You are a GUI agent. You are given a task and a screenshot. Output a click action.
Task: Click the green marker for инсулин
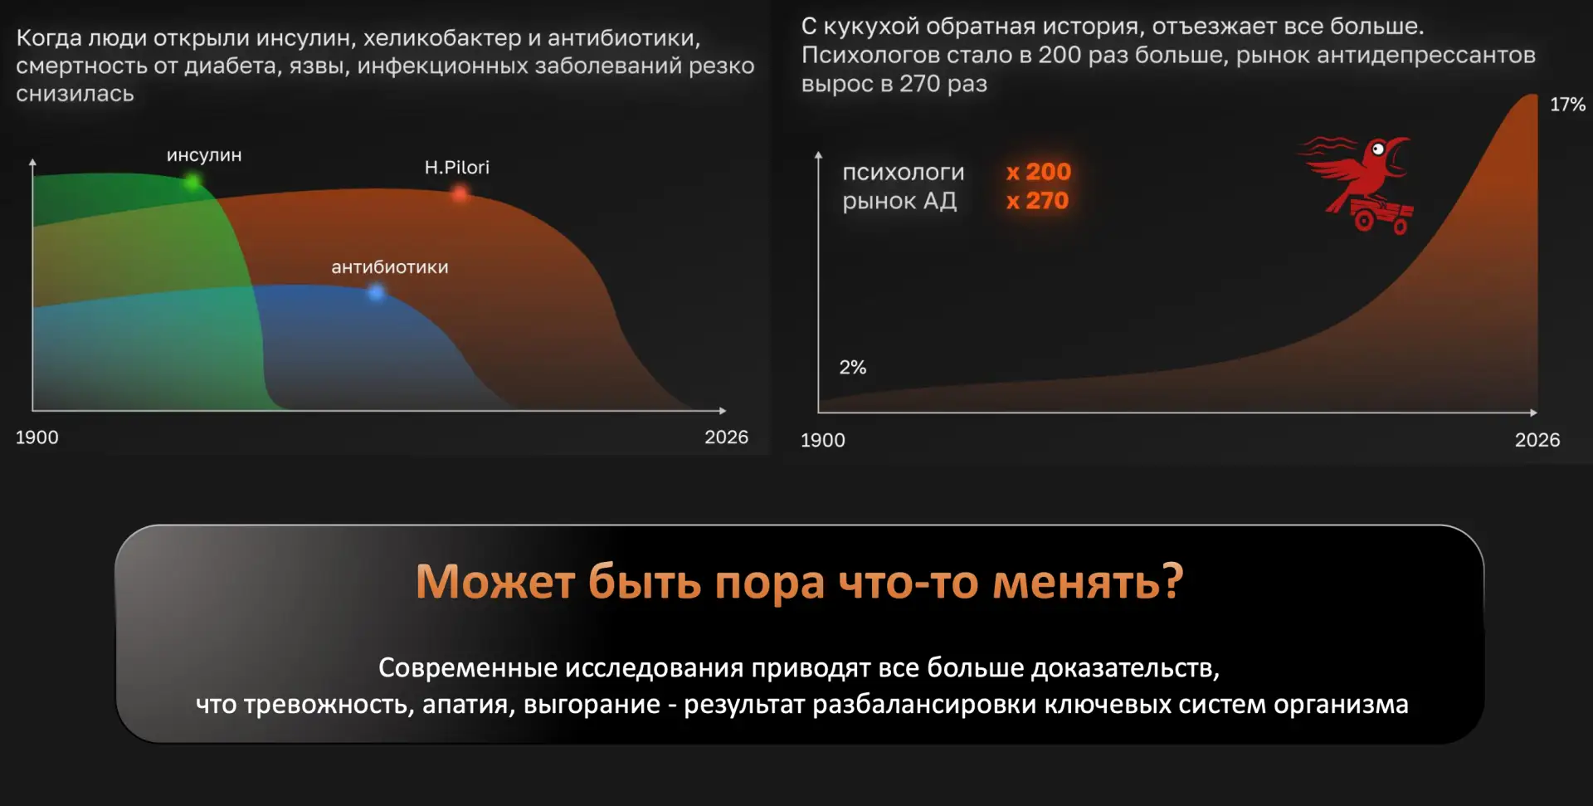(x=192, y=180)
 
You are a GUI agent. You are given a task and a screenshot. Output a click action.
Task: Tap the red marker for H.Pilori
(x=460, y=193)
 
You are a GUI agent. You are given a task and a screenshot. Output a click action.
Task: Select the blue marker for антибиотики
(x=376, y=292)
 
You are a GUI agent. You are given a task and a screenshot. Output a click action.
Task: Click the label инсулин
(x=204, y=155)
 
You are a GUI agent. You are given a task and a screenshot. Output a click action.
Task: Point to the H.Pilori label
(x=457, y=167)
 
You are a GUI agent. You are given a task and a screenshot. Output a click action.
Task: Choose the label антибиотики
(x=390, y=267)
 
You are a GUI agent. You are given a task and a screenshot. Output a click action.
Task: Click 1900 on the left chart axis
(x=37, y=437)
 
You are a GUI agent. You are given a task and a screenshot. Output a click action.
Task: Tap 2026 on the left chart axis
(x=726, y=437)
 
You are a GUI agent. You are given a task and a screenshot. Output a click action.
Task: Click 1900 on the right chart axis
(x=823, y=440)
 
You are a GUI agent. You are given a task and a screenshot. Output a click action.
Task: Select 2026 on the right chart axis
(x=1537, y=440)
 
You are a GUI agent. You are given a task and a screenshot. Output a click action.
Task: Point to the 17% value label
(x=1567, y=105)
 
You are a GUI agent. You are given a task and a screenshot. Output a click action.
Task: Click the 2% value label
(x=852, y=367)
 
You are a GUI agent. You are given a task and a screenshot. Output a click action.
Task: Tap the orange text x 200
(x=1039, y=172)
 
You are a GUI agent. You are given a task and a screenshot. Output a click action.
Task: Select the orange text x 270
(x=1037, y=201)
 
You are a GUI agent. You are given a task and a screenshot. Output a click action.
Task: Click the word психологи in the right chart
(x=904, y=173)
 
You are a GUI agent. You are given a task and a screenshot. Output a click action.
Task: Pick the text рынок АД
(x=899, y=201)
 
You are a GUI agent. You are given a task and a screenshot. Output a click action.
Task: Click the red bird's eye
(x=1378, y=149)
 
